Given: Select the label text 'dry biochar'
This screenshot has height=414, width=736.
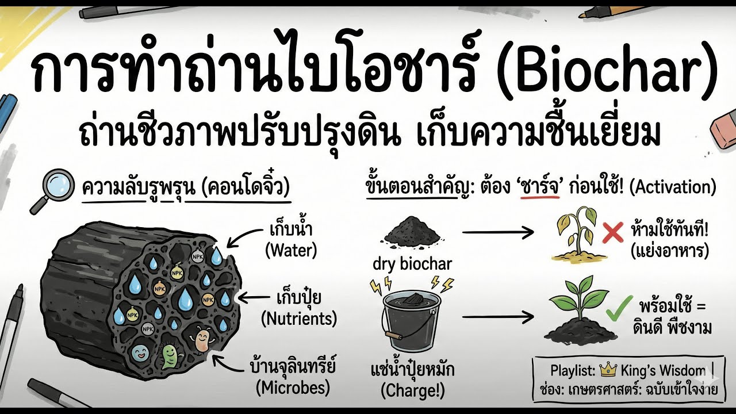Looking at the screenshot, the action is (x=412, y=264).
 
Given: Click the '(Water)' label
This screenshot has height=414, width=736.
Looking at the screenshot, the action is (x=291, y=251).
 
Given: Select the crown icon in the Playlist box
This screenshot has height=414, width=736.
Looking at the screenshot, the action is (x=607, y=370).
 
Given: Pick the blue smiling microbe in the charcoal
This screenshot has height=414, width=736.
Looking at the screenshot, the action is (x=140, y=351).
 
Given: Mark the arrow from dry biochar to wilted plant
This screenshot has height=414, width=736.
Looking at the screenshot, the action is (x=498, y=233).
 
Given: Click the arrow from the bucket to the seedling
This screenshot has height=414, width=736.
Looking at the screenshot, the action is (x=498, y=316).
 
